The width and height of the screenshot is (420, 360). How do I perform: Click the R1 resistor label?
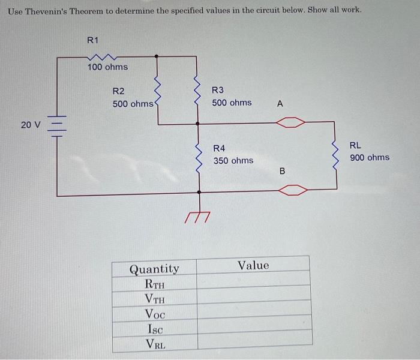tap(92, 40)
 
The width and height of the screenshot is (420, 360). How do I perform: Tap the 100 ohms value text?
tap(107, 67)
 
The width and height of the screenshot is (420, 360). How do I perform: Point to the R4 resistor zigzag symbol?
tap(197, 155)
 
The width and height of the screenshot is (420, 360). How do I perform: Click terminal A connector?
tap(291, 124)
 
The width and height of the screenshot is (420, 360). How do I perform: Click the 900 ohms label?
tap(369, 158)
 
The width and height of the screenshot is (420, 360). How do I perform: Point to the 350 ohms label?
tap(233, 161)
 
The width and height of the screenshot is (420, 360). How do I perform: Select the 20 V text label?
tap(30, 125)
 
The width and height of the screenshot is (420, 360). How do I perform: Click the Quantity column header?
tap(154, 269)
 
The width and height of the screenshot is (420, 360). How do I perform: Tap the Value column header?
tap(254, 265)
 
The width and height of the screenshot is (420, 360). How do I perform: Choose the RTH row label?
tap(154, 284)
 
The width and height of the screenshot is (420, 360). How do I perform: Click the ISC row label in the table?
tap(154, 329)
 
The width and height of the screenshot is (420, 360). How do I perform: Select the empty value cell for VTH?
tap(254, 299)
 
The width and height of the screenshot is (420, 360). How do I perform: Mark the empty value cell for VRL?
tap(254, 343)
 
